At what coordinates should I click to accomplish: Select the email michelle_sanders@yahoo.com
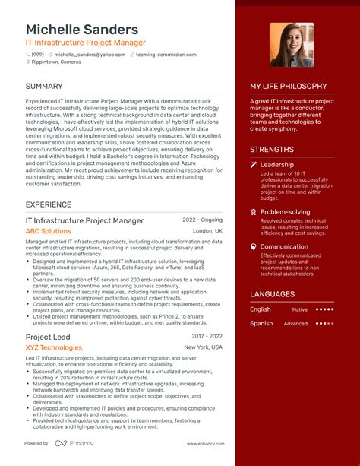click(89, 55)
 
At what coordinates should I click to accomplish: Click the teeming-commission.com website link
click(166, 55)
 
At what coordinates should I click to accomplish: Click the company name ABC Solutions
click(48, 231)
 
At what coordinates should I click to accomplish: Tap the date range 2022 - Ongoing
click(202, 220)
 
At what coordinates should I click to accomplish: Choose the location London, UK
click(207, 231)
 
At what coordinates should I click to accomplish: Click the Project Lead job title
click(48, 337)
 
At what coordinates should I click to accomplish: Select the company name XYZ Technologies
click(53, 347)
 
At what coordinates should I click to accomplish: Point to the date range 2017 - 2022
click(207, 336)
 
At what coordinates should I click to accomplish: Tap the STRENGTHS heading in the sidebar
click(272, 150)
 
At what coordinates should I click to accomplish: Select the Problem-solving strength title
click(285, 212)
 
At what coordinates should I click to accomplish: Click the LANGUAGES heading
click(272, 294)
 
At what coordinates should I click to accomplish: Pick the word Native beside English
click(300, 309)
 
